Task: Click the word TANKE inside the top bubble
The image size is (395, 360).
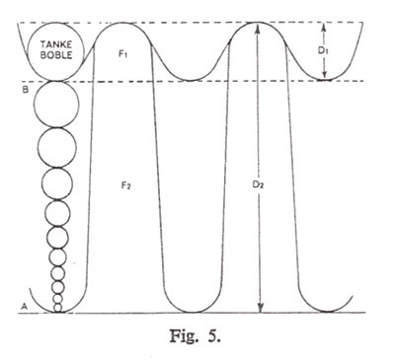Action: (x=57, y=45)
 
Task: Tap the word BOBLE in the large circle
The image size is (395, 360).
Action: (x=57, y=57)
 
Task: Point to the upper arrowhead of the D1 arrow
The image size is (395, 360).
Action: (x=327, y=27)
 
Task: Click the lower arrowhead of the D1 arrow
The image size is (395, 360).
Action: (x=327, y=74)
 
